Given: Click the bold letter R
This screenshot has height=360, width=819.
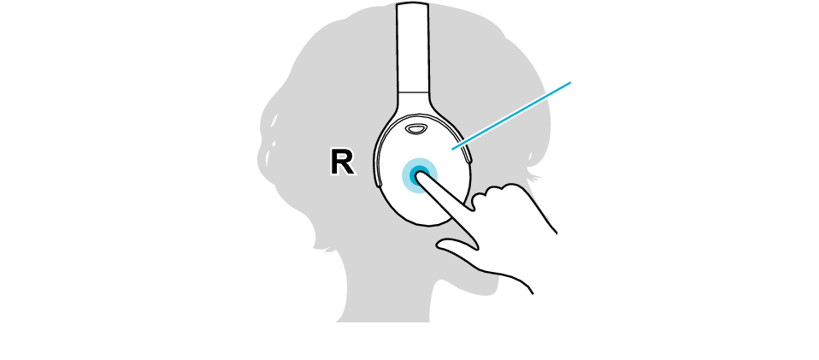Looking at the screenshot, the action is coord(343,162).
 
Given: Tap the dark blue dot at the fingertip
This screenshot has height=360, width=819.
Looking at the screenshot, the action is coord(418,174).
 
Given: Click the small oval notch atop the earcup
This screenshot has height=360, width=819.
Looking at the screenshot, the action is coord(416,128).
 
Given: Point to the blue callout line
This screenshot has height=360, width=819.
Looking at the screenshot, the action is coord(511,116).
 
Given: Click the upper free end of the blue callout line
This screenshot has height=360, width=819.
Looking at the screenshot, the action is coord(571,82).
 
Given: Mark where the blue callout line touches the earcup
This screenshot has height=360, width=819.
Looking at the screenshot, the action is coord(452,150).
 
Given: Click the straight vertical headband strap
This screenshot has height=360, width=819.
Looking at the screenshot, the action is coord(413,50).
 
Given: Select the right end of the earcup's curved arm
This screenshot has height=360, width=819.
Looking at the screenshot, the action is coord(468,156).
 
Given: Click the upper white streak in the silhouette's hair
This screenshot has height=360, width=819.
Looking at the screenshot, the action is coord(274,121).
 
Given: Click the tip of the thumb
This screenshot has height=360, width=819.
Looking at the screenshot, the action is coord(438,243).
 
